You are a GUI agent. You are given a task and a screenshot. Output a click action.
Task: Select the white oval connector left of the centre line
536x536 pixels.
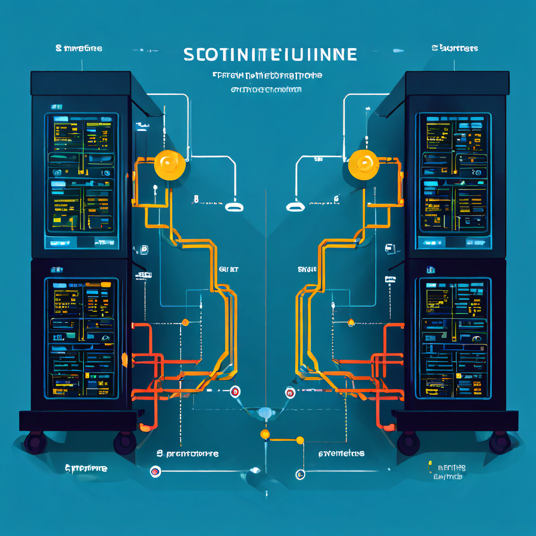[x=234, y=207]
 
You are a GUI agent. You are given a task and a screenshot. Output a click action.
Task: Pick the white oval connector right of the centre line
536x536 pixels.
[x=295, y=207]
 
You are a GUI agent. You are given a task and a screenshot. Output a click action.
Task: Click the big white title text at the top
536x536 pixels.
[x=270, y=54]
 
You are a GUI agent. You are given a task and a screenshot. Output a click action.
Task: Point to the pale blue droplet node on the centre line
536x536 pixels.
[x=265, y=413]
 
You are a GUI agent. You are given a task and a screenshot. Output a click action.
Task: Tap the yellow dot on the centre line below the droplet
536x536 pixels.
[x=265, y=434]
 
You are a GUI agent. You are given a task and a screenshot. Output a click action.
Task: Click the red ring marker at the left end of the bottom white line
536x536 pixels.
[x=154, y=472]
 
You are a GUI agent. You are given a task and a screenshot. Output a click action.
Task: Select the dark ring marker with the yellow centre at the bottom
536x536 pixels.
[x=300, y=474]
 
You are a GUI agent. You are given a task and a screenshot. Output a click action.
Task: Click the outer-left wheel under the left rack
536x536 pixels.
[x=35, y=442]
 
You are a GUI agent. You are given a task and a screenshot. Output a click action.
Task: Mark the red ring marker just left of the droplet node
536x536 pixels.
[x=234, y=392]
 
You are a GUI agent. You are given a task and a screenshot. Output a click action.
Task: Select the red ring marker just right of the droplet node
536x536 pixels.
[x=290, y=393]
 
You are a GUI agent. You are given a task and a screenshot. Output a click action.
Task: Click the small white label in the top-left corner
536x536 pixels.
[x=79, y=49]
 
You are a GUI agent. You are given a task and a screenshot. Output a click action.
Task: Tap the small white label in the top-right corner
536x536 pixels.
[x=454, y=48]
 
